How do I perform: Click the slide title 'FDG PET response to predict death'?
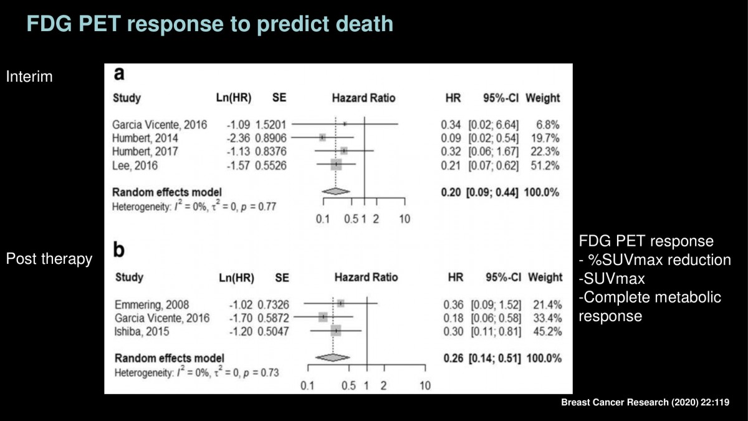click(209, 24)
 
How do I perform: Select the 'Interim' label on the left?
click(29, 77)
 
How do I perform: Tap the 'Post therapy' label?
click(49, 259)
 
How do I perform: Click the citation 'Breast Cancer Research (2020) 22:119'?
click(645, 402)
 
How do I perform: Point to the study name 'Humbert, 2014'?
click(145, 138)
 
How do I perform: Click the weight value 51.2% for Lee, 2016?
click(545, 165)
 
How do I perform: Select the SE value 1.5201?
click(271, 125)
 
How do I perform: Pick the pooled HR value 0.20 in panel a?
click(451, 192)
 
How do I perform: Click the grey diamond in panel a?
click(336, 191)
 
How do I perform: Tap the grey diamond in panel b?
click(333, 357)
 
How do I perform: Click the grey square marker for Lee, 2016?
click(336, 165)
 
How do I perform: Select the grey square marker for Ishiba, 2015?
click(336, 331)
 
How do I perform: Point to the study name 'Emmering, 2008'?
click(151, 304)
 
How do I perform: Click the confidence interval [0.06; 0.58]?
click(496, 318)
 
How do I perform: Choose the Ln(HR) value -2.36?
click(238, 138)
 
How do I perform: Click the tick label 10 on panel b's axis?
click(425, 385)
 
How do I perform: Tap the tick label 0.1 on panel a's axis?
click(323, 219)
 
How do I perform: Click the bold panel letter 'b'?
click(119, 249)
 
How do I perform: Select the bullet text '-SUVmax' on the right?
click(611, 278)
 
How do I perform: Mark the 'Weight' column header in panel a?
click(543, 98)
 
